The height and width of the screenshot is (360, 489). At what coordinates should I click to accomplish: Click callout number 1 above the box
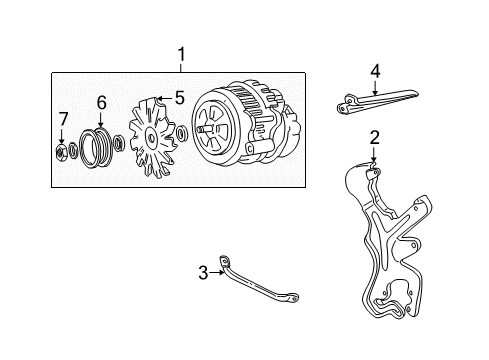click(x=181, y=54)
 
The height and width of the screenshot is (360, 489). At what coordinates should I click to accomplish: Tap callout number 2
click(x=373, y=138)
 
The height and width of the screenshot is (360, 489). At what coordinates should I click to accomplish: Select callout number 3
click(x=202, y=272)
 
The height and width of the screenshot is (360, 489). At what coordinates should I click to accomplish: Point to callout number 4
click(x=375, y=70)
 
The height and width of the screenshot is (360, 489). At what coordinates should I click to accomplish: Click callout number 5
click(x=180, y=99)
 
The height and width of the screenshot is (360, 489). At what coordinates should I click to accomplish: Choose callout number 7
click(x=63, y=121)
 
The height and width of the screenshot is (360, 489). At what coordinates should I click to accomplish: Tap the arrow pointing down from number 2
click(x=373, y=156)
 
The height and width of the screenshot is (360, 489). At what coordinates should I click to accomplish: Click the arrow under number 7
click(x=63, y=137)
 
